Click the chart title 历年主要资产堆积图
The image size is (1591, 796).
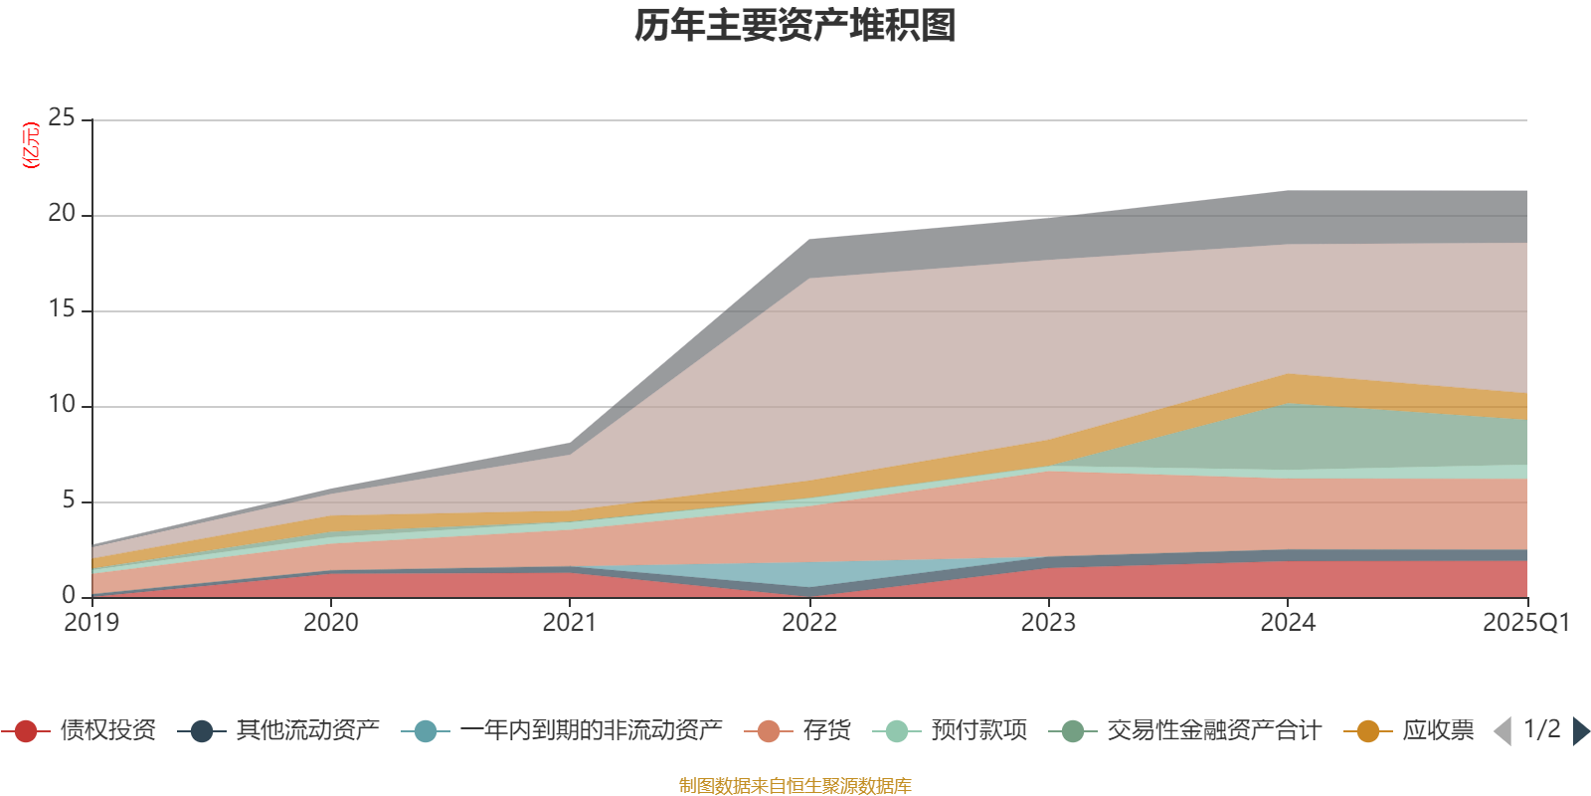pyautogui.click(x=795, y=26)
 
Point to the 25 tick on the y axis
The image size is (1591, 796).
pyautogui.click(x=62, y=118)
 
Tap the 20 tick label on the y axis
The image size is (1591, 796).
pyautogui.click(x=62, y=214)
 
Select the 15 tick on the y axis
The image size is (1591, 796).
pyautogui.click(x=62, y=309)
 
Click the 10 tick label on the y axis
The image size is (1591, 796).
pyautogui.click(x=62, y=405)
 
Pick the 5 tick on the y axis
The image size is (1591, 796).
pyautogui.click(x=68, y=500)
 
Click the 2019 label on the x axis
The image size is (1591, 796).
pyautogui.click(x=91, y=623)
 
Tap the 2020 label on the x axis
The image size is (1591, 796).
pyautogui.click(x=330, y=623)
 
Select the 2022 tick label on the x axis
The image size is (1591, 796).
pyautogui.click(x=808, y=623)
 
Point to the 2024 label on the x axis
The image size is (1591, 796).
pyautogui.click(x=1288, y=623)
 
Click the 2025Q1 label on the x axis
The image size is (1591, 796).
pyautogui.click(x=1525, y=623)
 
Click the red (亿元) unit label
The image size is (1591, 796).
pyautogui.click(x=31, y=145)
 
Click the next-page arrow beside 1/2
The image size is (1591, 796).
pyautogui.click(x=1580, y=731)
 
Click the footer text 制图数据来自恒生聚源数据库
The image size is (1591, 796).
pyautogui.click(x=795, y=786)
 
